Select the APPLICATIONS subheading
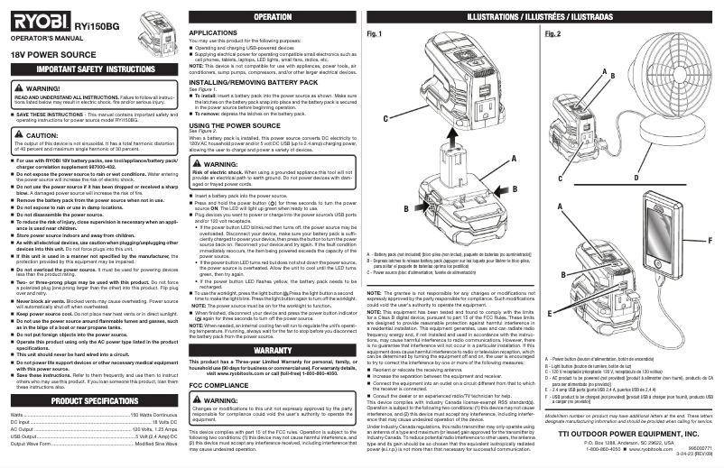click(213, 32)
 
